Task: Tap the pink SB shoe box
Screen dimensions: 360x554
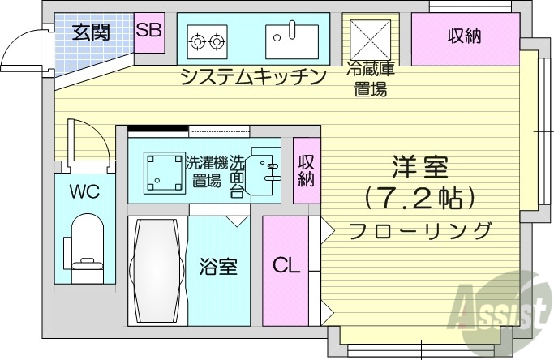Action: [x=148, y=32]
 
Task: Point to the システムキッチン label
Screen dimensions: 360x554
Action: [x=253, y=77]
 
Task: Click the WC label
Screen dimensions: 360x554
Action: [x=84, y=192]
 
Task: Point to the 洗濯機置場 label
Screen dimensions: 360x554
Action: [x=206, y=170]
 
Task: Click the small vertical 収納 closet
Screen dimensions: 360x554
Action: [x=306, y=170]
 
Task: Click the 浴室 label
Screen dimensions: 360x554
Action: [x=219, y=266]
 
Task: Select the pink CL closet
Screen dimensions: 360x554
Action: [x=285, y=266]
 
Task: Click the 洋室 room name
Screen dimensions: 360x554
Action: [x=419, y=169]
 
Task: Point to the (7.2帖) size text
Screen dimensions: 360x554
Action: [x=420, y=198]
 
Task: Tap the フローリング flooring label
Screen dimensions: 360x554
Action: [x=420, y=229]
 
